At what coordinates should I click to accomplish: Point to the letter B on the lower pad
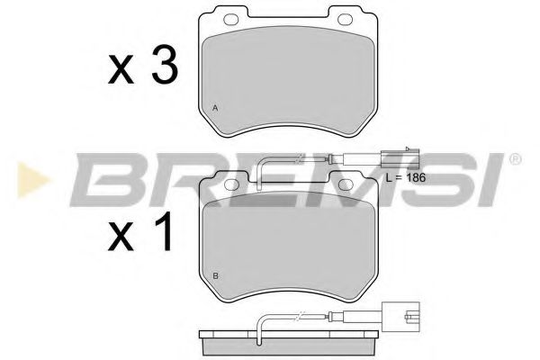pyautogui.click(x=214, y=274)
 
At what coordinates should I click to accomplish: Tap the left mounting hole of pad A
pyautogui.click(x=227, y=18)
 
